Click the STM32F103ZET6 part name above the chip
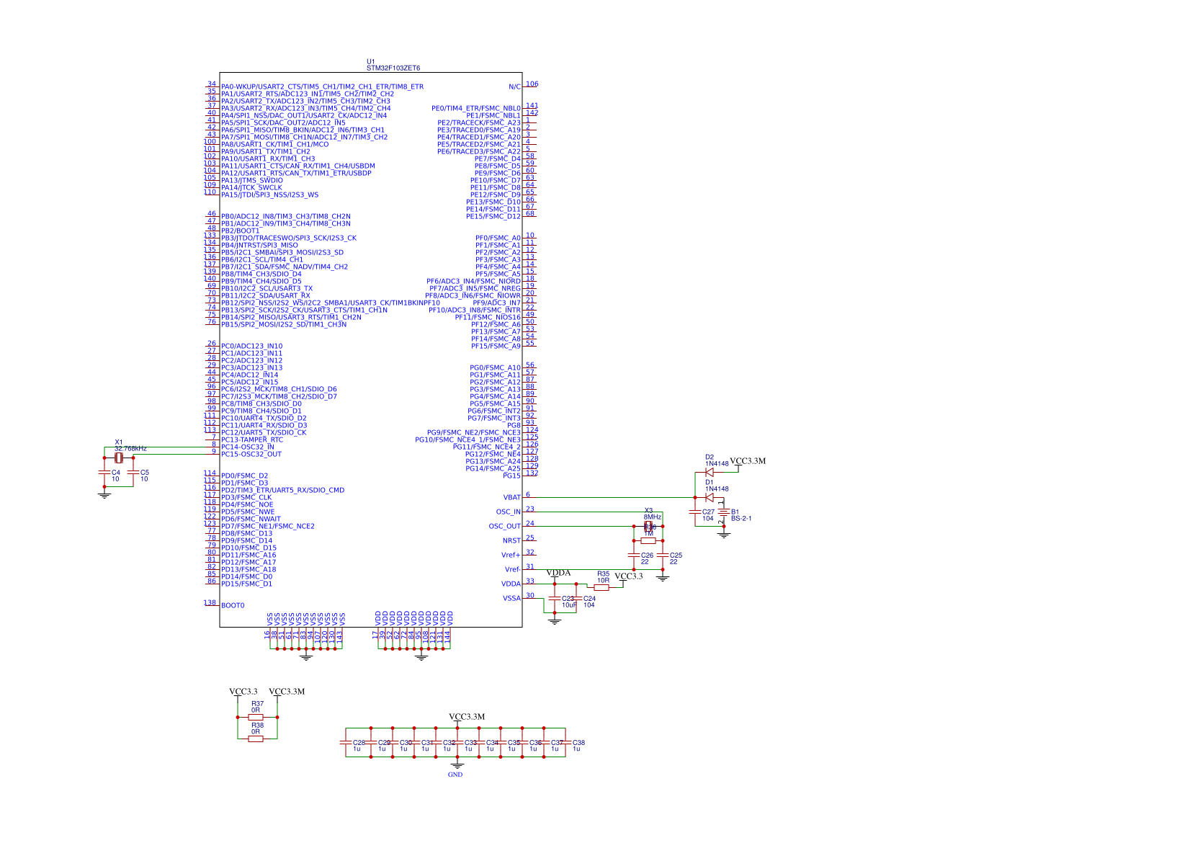click(393, 68)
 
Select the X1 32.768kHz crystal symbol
click(119, 458)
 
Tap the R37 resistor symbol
click(256, 718)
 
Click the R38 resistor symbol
click(256, 739)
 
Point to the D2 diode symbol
click(710, 473)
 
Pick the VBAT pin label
click(511, 498)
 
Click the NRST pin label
click(511, 541)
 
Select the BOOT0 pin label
click(233, 606)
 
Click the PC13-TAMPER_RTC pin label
click(252, 440)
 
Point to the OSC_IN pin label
click(508, 512)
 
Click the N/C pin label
click(514, 87)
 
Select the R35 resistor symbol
click(601, 588)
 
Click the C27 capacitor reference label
click(709, 512)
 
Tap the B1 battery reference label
click(735, 512)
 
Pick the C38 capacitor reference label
click(578, 743)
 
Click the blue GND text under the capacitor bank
click(455, 775)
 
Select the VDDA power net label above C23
click(558, 574)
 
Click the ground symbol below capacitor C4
click(104, 495)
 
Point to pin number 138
click(210, 603)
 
